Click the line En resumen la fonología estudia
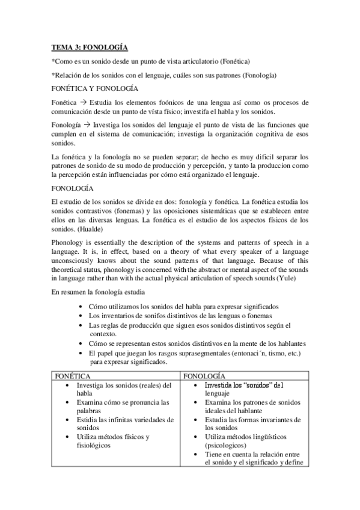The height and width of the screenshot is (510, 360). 97,292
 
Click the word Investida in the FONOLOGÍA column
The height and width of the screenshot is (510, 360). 220,384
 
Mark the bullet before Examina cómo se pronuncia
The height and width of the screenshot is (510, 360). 70,402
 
